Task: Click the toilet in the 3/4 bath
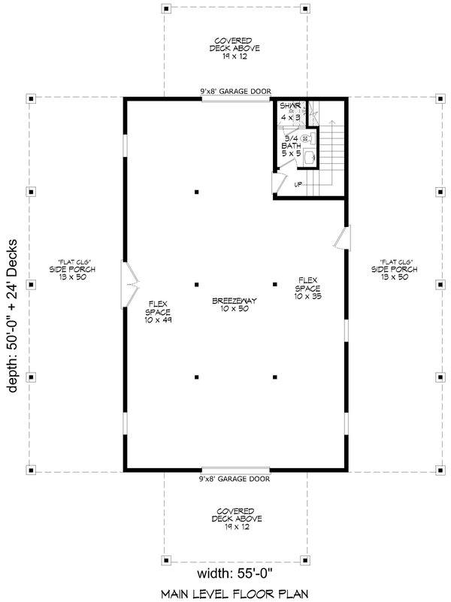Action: coord(306,138)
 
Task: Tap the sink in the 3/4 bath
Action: coord(309,157)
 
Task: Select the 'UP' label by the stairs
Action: coord(298,184)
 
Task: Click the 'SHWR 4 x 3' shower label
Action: coord(289,112)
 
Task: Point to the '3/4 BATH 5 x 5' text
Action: coord(290,146)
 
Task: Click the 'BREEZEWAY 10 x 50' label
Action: coord(235,304)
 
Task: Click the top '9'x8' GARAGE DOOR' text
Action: coord(235,91)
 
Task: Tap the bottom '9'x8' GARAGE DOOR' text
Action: coord(235,479)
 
